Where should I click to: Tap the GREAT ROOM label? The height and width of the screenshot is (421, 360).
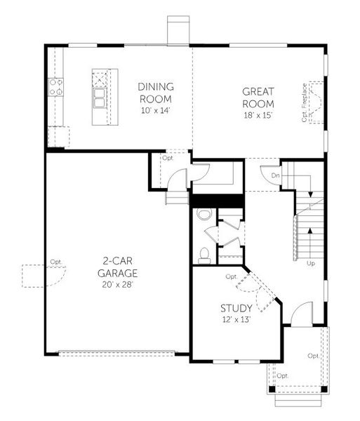pyautogui.click(x=258, y=98)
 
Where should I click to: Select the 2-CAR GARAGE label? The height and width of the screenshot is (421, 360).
pyautogui.click(x=117, y=268)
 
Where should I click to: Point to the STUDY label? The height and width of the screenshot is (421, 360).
pyautogui.click(x=236, y=308)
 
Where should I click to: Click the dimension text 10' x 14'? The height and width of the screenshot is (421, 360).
pyautogui.click(x=155, y=111)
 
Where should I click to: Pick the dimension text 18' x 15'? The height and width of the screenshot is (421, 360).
pyautogui.click(x=258, y=115)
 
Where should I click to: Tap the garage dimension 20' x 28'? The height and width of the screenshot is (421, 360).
pyautogui.click(x=117, y=285)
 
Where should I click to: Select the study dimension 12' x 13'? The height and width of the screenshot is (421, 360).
pyautogui.click(x=236, y=320)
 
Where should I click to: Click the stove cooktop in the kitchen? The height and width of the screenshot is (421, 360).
pyautogui.click(x=55, y=88)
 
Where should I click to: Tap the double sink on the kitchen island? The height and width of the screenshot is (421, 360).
pyautogui.click(x=100, y=95)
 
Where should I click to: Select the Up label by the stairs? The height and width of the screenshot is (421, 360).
pyautogui.click(x=310, y=263)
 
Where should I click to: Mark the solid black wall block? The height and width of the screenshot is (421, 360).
pyautogui.click(x=217, y=201)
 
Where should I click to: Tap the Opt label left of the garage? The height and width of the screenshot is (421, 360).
pyautogui.click(x=55, y=262)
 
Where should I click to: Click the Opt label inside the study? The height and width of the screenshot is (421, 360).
pyautogui.click(x=231, y=276)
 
